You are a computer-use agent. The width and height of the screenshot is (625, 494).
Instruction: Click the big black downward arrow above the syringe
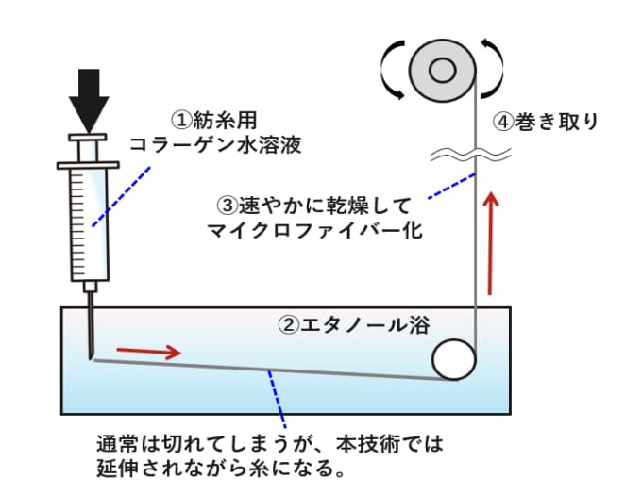point(89,100)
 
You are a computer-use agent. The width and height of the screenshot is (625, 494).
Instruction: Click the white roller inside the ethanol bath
point(454,359)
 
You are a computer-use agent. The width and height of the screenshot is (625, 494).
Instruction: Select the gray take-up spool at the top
point(443,71)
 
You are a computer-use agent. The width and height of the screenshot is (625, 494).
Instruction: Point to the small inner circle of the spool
point(443,71)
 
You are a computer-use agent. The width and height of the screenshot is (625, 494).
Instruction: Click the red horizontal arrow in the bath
point(149,351)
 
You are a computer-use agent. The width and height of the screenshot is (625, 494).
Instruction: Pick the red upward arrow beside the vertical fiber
point(492,243)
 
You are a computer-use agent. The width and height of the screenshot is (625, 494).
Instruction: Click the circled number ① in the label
point(182,121)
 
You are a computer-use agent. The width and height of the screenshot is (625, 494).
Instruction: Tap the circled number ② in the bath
point(288,325)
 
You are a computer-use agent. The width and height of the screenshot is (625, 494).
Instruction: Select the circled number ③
point(228,206)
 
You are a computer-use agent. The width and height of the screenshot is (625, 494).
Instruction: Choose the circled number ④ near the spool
point(504,122)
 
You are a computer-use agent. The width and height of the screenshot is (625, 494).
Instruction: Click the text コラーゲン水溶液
point(215,145)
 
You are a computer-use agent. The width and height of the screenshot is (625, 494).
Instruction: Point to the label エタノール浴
point(365,325)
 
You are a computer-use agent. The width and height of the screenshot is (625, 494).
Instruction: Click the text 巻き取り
point(556,122)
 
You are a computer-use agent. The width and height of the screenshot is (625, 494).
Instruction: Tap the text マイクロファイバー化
point(315,230)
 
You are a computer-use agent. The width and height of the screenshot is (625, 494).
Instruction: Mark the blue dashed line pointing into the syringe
point(122,197)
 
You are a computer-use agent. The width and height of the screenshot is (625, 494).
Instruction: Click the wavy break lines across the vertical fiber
point(471,154)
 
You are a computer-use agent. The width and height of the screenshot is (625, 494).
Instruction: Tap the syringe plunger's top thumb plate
point(88,138)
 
